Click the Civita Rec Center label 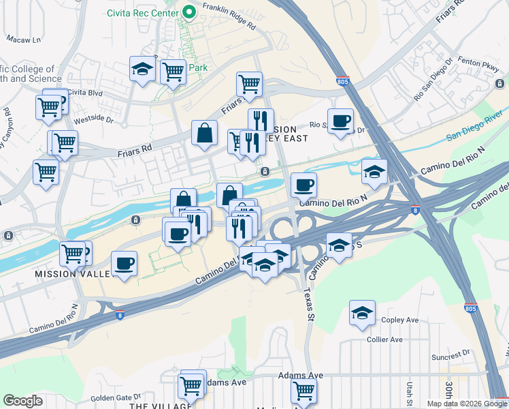(x=142, y=12)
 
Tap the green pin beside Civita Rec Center (x=188, y=12)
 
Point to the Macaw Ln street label (x=24, y=40)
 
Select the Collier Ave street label (x=384, y=339)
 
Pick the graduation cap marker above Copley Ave (x=363, y=313)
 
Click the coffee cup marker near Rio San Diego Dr (x=340, y=121)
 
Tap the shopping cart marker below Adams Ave (x=303, y=391)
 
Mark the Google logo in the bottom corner (x=22, y=401)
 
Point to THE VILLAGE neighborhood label (x=161, y=406)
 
